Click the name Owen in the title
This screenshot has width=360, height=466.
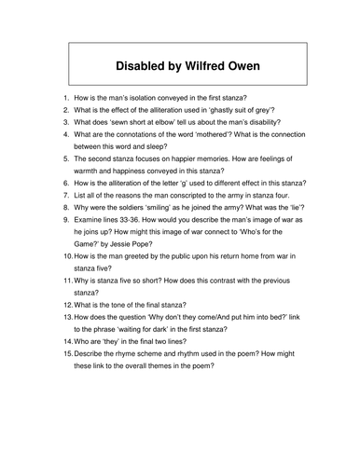point(239,68)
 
